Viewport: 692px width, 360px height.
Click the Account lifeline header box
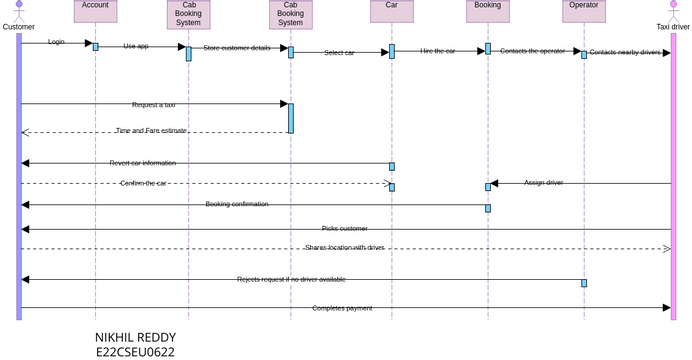[x=96, y=11]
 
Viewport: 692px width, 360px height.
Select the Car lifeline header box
[x=391, y=11]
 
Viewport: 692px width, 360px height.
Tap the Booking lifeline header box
[x=488, y=11]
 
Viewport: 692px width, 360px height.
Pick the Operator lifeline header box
[x=583, y=11]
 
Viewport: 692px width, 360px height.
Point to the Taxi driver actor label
[x=673, y=27]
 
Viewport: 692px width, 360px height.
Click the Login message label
[x=57, y=43]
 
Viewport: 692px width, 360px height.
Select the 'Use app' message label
[x=136, y=46]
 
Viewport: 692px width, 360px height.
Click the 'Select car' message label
[x=339, y=53]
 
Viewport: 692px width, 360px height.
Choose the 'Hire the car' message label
[x=438, y=51]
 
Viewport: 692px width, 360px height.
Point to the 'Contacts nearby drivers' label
[x=625, y=52]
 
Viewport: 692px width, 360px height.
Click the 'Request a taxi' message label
[x=154, y=104]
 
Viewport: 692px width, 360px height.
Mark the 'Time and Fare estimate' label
[x=151, y=131]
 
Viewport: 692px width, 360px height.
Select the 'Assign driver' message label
[x=544, y=183]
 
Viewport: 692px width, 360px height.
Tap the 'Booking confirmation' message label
[x=237, y=204]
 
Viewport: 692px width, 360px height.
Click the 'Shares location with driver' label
[x=344, y=247]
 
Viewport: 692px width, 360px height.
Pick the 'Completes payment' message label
[x=342, y=308]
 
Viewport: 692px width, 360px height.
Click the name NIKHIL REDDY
[x=135, y=337]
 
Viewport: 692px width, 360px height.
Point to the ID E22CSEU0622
[x=135, y=352]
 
